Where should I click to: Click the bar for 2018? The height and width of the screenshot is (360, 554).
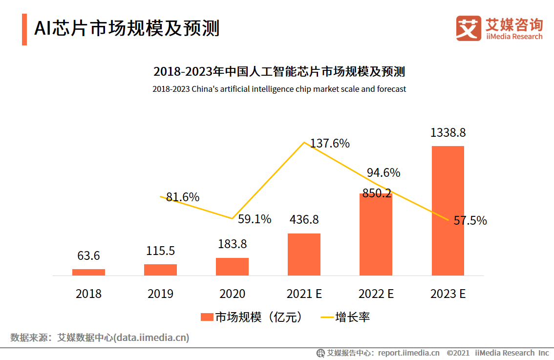[88, 272]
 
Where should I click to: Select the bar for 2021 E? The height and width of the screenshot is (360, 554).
[304, 254]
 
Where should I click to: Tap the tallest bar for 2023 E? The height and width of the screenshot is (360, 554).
[447, 211]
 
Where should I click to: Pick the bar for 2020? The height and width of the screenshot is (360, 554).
[232, 267]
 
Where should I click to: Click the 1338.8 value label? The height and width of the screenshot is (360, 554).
[447, 133]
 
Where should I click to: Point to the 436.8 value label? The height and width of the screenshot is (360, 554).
[304, 220]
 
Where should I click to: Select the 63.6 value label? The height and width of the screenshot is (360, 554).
[88, 256]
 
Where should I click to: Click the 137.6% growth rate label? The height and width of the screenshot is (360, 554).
[331, 144]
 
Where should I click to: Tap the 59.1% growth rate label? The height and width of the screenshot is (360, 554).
[255, 219]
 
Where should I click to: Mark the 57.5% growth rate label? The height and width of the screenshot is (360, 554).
[470, 221]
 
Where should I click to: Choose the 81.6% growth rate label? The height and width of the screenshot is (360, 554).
[183, 197]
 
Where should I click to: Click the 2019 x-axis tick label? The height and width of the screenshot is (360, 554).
[160, 294]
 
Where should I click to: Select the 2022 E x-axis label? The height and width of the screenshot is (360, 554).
[376, 294]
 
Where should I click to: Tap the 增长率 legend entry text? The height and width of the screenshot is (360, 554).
[353, 318]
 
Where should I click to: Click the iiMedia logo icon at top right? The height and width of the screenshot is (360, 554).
[468, 28]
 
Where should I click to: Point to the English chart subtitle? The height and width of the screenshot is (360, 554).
[279, 89]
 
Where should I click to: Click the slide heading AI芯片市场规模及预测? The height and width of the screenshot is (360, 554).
[127, 28]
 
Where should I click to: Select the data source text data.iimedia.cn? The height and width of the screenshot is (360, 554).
[151, 338]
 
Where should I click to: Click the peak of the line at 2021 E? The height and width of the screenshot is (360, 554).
[304, 142]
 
